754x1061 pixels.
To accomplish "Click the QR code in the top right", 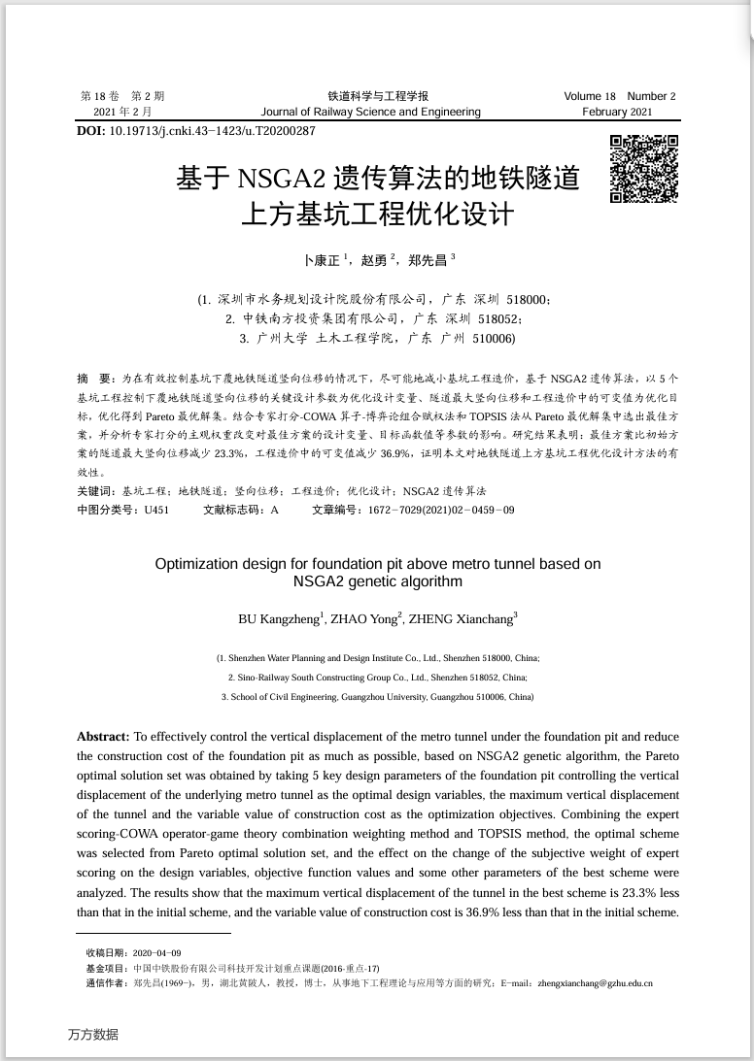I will [x=643, y=169].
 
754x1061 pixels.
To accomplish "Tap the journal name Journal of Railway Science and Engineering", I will [x=370, y=112].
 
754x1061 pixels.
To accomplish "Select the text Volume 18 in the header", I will [x=590, y=96].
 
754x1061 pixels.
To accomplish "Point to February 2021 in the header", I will [x=617, y=112].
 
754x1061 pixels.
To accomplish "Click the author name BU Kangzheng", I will [x=278, y=618].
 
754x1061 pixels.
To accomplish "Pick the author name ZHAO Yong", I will [x=365, y=618].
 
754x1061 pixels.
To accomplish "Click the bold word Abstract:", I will [x=103, y=737].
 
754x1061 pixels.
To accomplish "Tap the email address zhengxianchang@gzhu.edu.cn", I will [x=595, y=983].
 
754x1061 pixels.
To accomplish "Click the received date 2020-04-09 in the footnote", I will [x=156, y=953].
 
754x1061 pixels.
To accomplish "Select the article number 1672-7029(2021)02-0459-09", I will [x=440, y=510].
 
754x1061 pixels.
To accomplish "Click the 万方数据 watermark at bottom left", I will [x=93, y=1035].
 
